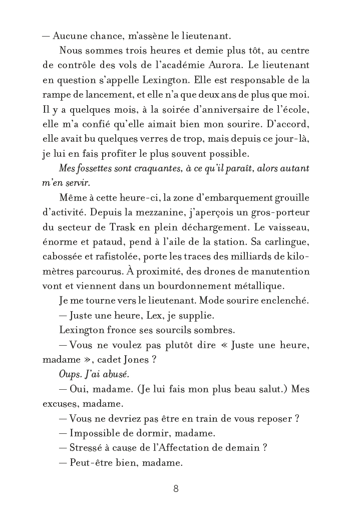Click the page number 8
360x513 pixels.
[x=176, y=489]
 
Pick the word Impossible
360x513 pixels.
[x=95, y=433]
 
